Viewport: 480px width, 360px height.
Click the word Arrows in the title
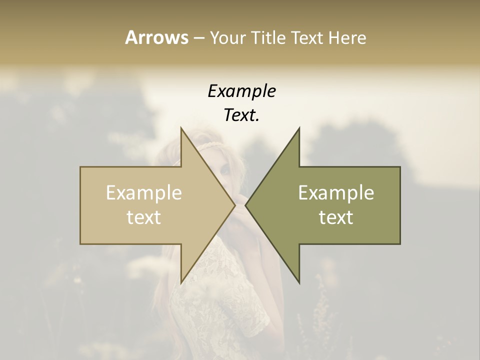(156, 37)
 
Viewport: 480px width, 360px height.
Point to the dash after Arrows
(199, 38)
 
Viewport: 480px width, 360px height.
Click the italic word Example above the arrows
(241, 92)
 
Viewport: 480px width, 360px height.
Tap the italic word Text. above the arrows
(241, 115)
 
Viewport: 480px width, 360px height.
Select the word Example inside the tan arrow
(144, 193)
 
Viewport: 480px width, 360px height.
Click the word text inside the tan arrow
(144, 217)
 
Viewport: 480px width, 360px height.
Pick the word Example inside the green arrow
(336, 193)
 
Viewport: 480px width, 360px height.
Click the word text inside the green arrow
(336, 217)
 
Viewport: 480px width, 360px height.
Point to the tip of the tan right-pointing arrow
(235, 205)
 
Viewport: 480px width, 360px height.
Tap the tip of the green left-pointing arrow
(245, 205)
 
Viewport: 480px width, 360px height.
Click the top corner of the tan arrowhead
(181, 128)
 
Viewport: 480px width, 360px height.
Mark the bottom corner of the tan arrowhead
(181, 283)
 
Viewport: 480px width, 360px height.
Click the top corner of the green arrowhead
(299, 128)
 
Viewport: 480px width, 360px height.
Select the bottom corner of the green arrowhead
(299, 283)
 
